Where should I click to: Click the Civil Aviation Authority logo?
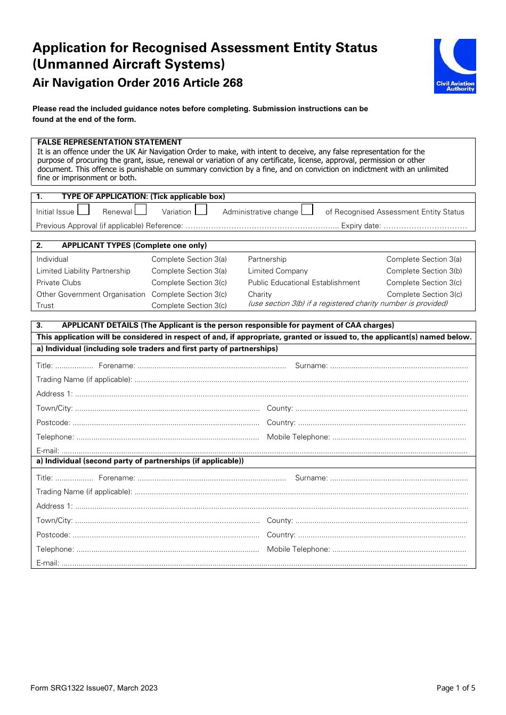pyautogui.click(x=454, y=66)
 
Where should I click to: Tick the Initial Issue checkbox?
pyautogui.click(x=84, y=210)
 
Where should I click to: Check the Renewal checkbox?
pyautogui.click(x=141, y=210)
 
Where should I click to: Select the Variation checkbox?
pyautogui.click(x=201, y=210)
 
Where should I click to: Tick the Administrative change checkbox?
pyautogui.click(x=307, y=210)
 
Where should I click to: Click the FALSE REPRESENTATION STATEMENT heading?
pyautogui.click(x=109, y=142)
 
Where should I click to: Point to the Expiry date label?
pyautogui.click(x=361, y=226)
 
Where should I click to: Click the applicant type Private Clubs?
pyautogui.click(x=59, y=282)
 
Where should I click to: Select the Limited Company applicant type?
pyautogui.click(x=278, y=271)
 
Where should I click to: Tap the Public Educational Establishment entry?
pyautogui.click(x=304, y=282)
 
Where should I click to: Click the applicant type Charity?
pyautogui.click(x=259, y=294)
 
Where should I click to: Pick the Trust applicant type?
pyautogui.click(x=45, y=305)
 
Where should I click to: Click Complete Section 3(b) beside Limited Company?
pyautogui.click(x=424, y=271)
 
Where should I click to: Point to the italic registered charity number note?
pyautogui.click(x=348, y=303)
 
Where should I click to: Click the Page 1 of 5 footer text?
pyautogui.click(x=455, y=688)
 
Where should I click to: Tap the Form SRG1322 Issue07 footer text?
pyautogui.click(x=94, y=688)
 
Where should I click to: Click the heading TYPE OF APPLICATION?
pyautogui.click(x=143, y=196)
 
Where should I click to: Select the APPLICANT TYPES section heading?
pyautogui.click(x=134, y=245)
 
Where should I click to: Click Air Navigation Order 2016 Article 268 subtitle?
pyautogui.click(x=137, y=83)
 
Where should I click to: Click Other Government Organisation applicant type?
pyautogui.click(x=91, y=294)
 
